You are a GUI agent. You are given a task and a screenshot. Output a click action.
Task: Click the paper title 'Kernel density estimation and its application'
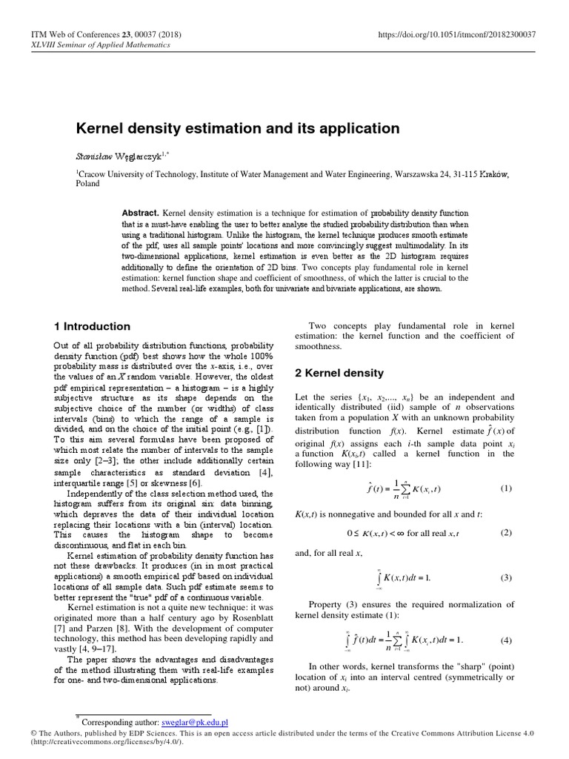(238, 128)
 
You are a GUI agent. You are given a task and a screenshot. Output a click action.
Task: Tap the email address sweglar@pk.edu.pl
(194, 721)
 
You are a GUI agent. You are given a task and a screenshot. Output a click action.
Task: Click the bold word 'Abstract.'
(141, 212)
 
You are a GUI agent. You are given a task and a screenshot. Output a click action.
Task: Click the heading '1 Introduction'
(93, 326)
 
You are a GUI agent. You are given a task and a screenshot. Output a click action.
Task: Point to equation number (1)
(506, 488)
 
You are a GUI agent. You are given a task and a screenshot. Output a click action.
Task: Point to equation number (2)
(506, 532)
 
